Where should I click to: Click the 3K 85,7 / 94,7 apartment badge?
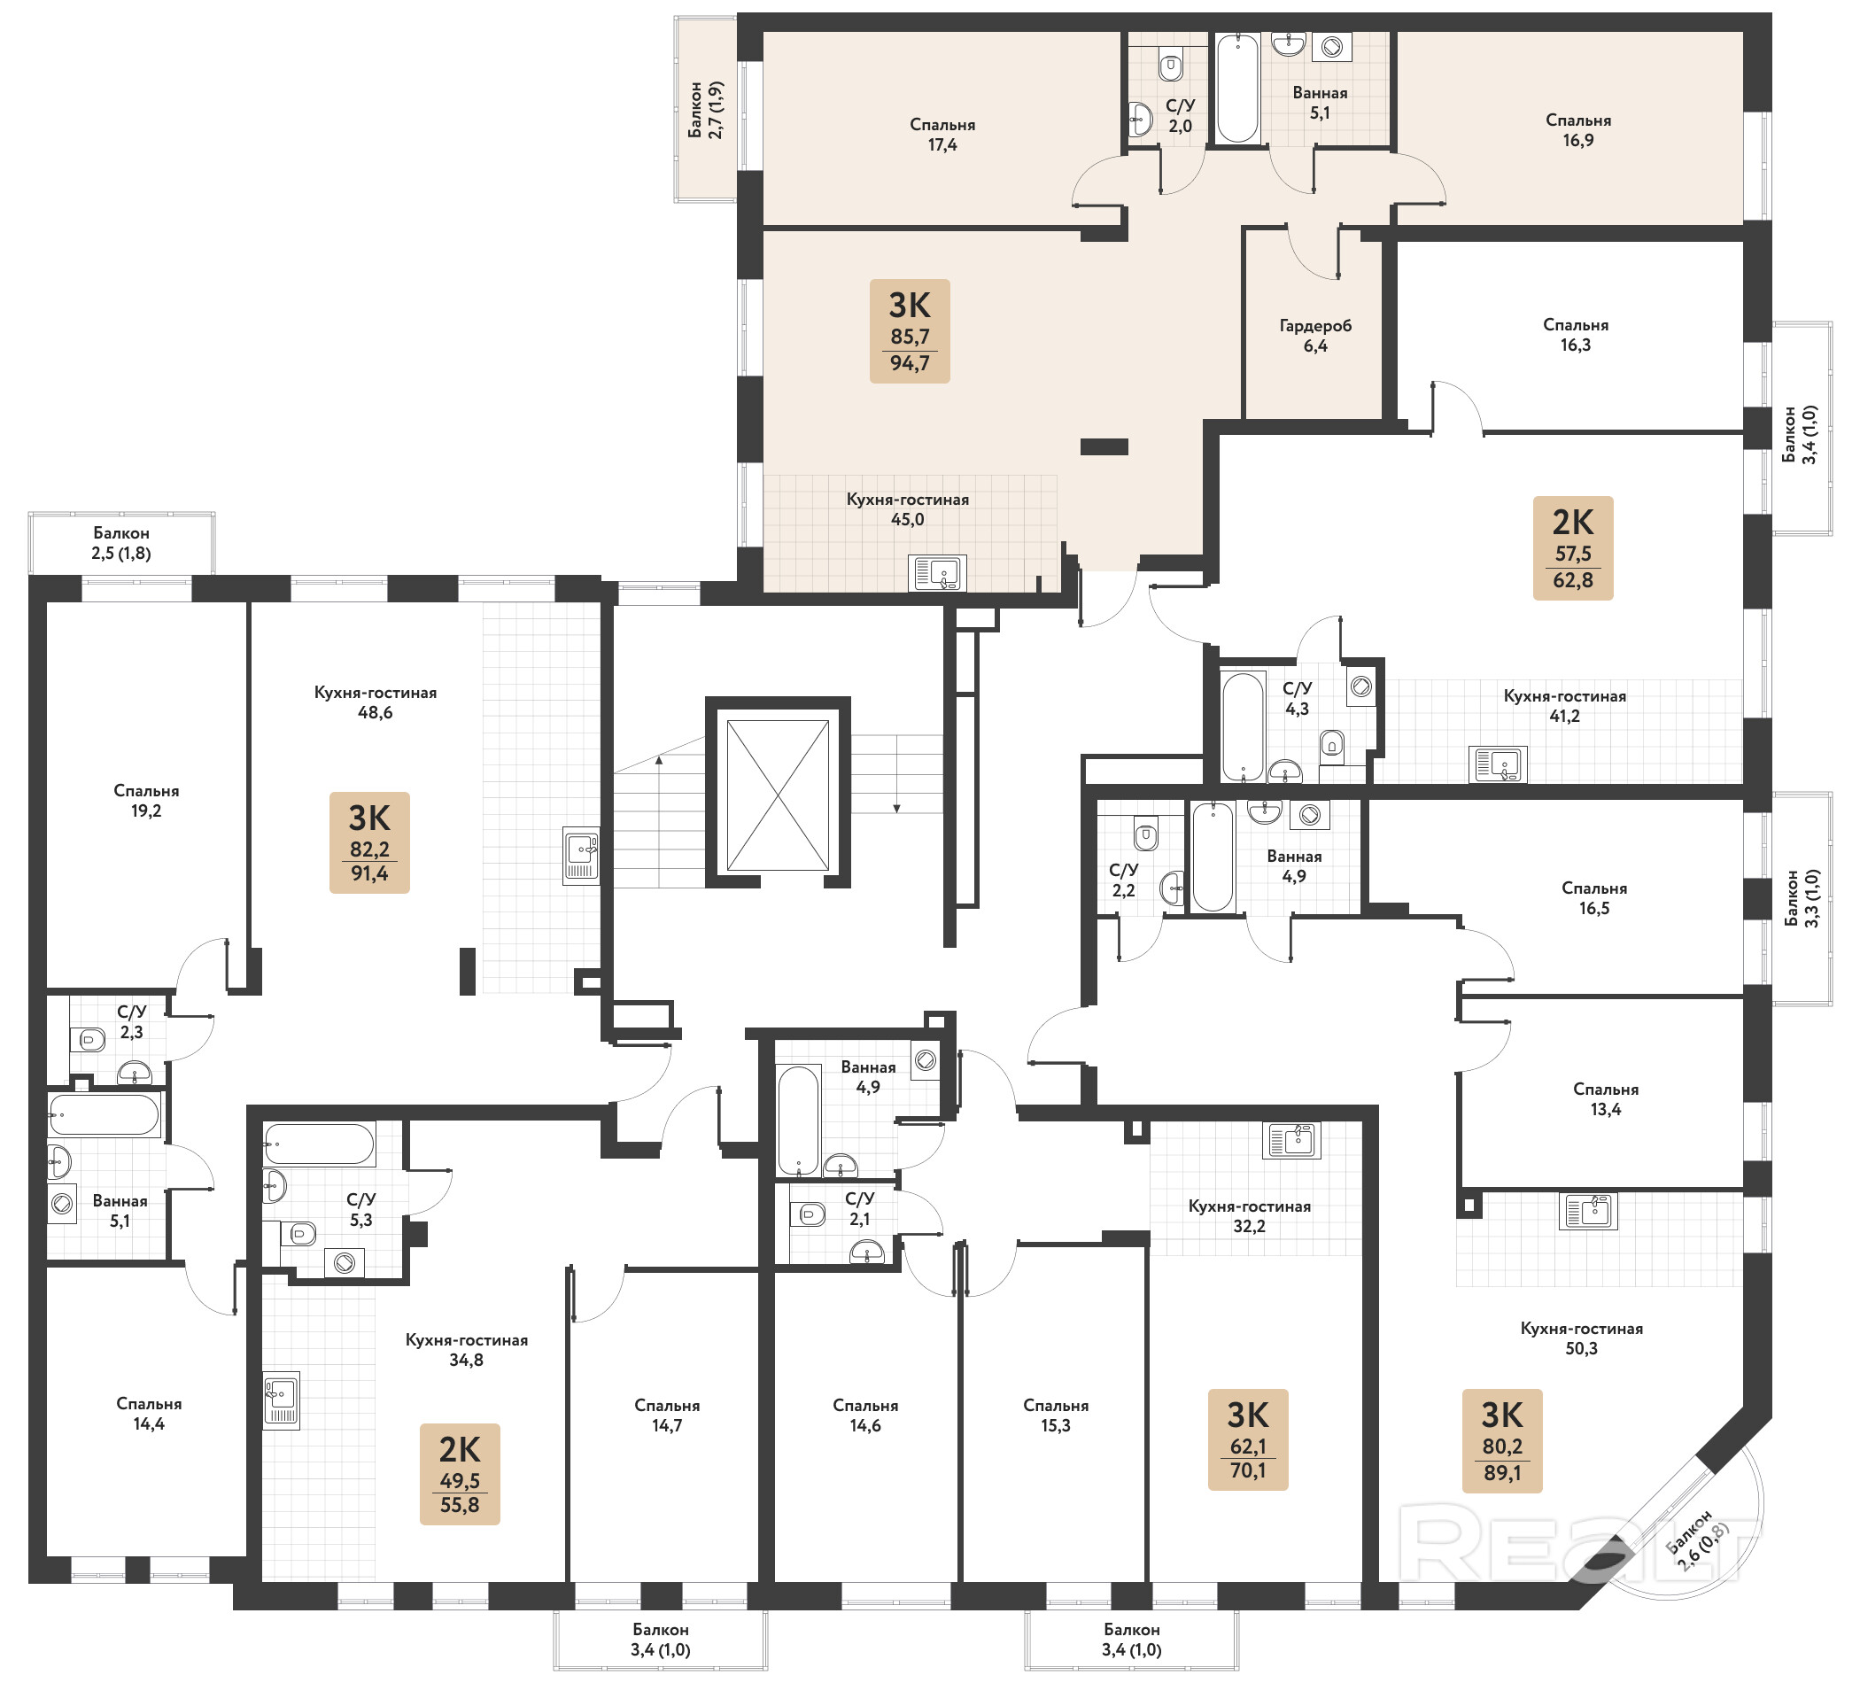pos(910,331)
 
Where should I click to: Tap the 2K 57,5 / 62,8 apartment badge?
pos(1573,548)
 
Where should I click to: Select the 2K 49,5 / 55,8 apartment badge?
pos(460,1474)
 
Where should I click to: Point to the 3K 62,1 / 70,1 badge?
pos(1248,1439)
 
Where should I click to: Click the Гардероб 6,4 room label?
pos(1315,336)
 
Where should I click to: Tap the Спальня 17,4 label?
pos(942,135)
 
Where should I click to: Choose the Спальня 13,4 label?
pos(1605,1099)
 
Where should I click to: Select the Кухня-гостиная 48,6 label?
pos(376,702)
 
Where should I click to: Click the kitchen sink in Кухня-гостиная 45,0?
pos(937,573)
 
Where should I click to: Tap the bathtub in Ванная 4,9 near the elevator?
pos(798,1121)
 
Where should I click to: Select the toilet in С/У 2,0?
pos(1171,66)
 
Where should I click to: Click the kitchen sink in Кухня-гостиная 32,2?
pos(1291,1141)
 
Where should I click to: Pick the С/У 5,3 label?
pos(360,1210)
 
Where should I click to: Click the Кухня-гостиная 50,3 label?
pos(1581,1338)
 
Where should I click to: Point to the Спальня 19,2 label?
pos(146,801)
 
